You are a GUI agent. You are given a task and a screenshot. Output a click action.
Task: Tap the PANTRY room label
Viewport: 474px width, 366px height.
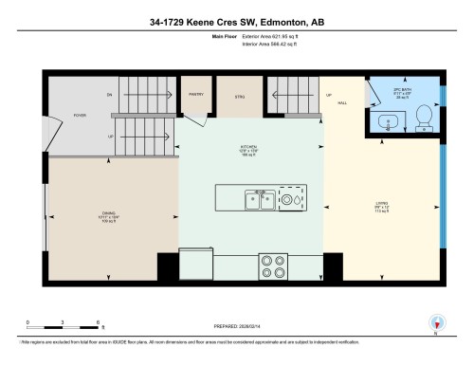click(195, 95)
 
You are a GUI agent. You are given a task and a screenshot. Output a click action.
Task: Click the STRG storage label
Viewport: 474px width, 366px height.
click(239, 97)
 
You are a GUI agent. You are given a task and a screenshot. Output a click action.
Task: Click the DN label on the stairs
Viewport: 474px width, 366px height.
click(109, 95)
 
